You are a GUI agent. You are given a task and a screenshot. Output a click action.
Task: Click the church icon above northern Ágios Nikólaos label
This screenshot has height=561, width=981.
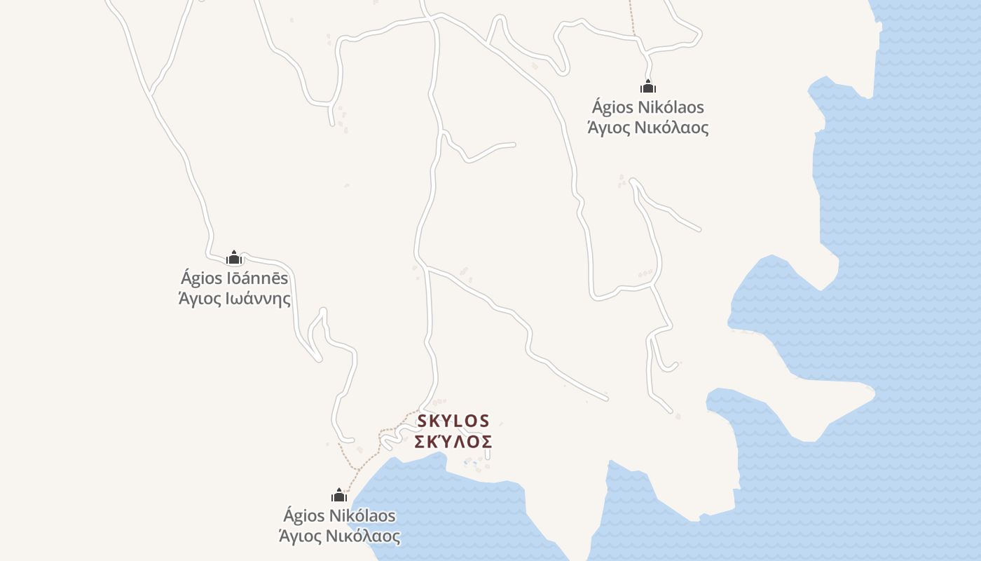click(648, 86)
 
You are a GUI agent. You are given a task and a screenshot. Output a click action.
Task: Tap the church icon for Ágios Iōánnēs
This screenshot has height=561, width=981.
click(234, 257)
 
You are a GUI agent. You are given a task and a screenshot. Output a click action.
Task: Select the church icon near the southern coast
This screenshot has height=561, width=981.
click(339, 495)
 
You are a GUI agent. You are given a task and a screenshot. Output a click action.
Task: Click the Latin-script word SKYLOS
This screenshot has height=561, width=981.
click(453, 421)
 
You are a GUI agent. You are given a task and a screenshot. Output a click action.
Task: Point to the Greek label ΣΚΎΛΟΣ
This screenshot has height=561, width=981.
click(453, 442)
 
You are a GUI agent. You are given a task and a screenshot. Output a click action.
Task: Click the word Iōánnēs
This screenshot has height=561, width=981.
click(256, 278)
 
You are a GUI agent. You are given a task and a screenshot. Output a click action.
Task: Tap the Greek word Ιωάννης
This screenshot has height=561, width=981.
click(256, 299)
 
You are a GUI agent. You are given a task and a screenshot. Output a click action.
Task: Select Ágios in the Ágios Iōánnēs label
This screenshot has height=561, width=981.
click(201, 278)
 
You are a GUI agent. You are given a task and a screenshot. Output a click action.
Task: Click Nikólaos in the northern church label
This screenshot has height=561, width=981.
click(671, 107)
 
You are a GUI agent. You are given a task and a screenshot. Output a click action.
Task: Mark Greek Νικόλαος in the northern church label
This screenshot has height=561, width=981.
click(674, 128)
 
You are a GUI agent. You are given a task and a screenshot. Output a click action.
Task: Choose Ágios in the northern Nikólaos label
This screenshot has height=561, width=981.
click(612, 107)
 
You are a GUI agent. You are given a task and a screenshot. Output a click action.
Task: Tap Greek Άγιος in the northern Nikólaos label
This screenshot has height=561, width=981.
click(608, 128)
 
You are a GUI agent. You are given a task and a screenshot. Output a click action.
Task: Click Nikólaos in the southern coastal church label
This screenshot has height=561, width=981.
click(362, 516)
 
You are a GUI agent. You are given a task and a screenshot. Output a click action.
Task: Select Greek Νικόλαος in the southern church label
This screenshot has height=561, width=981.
click(366, 536)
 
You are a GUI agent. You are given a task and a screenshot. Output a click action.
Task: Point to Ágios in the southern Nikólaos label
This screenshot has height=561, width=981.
click(303, 516)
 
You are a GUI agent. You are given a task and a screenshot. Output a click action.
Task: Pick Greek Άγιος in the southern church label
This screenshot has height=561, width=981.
click(299, 536)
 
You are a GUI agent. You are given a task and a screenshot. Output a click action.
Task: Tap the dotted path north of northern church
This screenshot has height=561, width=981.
click(632, 18)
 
